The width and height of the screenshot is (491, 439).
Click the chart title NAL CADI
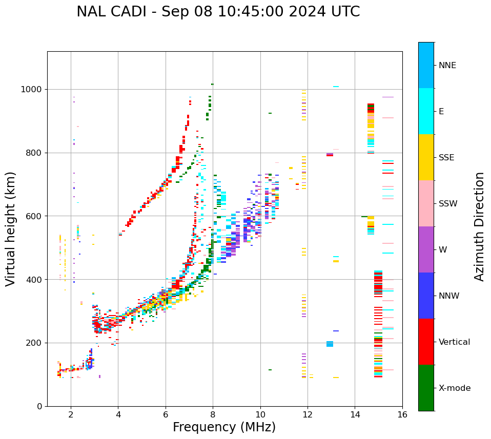coord(218,12)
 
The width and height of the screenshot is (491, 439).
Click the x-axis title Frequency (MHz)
coord(224,427)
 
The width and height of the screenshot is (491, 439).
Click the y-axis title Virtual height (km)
coord(11,229)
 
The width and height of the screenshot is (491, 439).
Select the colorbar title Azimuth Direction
coord(479,226)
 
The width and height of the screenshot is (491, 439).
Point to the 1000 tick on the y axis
coord(33,90)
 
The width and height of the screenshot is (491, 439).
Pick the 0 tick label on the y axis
coord(40,406)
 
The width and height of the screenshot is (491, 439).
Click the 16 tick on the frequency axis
coord(402,414)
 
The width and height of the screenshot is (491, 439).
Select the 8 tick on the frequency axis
coord(213,414)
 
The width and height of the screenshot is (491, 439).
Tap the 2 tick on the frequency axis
coord(71,414)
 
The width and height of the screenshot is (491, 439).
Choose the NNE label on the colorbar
coord(447,66)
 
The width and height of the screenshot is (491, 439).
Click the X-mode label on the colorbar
coord(454,388)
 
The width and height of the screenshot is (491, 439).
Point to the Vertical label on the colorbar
coord(454,342)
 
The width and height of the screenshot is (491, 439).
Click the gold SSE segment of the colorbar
coord(426,157)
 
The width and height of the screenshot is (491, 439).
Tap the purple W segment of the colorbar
coord(426,249)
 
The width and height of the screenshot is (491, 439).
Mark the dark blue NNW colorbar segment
coord(426,296)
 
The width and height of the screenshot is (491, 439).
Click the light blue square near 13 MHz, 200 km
coord(330,344)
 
